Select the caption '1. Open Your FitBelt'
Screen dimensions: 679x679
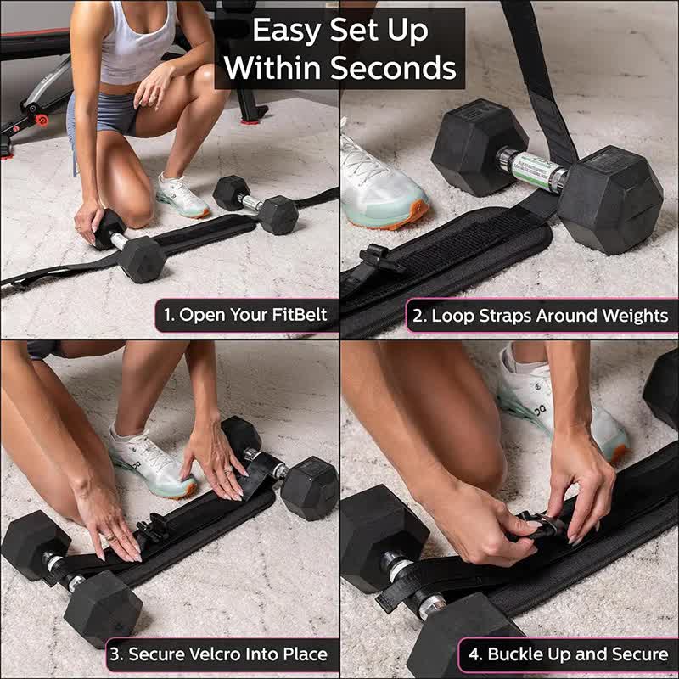coord(245,316)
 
